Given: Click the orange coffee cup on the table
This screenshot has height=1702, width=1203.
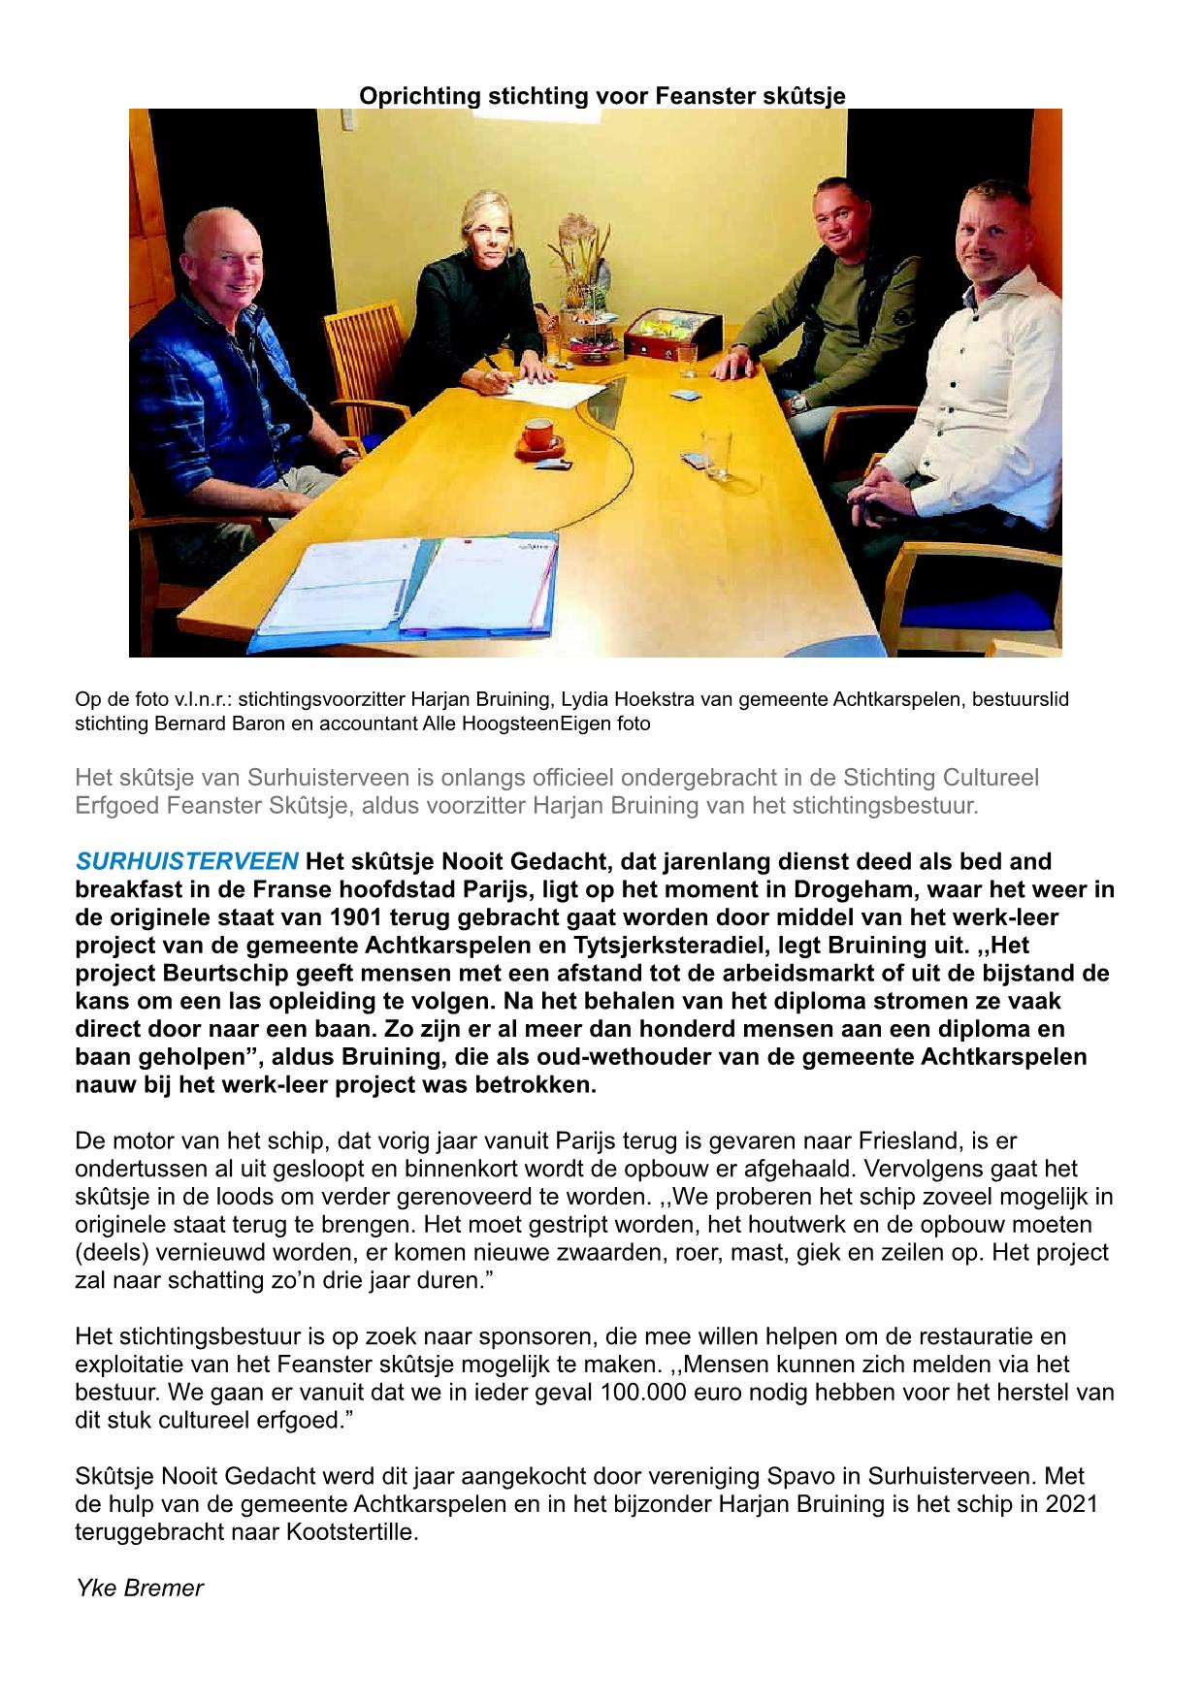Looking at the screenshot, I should point(537,435).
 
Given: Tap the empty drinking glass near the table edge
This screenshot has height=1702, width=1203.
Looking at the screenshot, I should point(716,453).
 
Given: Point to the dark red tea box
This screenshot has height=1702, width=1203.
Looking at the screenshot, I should point(663,338).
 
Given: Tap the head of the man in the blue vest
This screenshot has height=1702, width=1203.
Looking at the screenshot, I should point(219,259).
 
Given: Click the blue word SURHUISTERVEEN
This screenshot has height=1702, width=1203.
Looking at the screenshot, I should point(187,861).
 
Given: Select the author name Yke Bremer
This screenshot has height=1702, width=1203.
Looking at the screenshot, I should point(140,1588).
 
